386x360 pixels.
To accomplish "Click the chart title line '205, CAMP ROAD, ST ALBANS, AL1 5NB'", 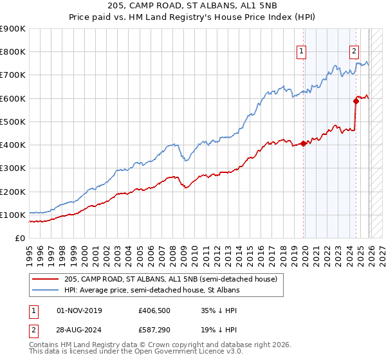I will (193, 7).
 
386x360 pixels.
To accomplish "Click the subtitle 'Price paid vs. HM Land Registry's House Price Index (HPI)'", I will (193, 19).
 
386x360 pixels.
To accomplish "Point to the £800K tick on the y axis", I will (13, 52).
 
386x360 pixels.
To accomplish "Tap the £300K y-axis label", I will (13, 168).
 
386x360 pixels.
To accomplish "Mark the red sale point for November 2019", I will (303, 143).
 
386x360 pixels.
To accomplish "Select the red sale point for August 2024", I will (356, 101).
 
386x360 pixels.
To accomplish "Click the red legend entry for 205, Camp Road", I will (170, 279).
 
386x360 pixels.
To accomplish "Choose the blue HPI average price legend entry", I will (152, 291).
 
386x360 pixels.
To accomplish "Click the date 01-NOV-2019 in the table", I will (80, 310).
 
